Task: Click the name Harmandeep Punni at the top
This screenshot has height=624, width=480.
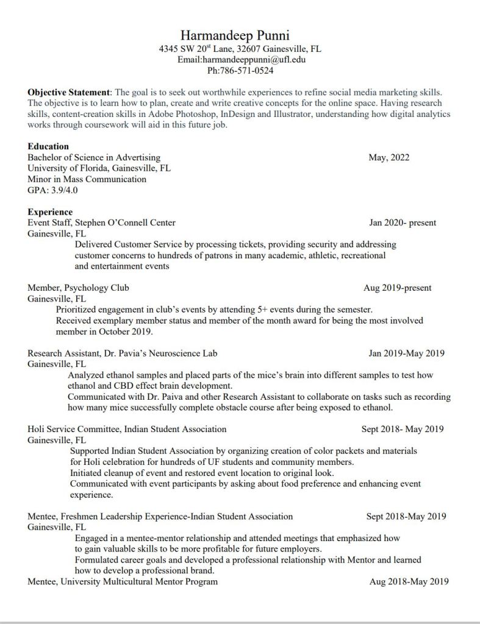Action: click(240, 36)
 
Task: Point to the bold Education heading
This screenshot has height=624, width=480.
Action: click(48, 146)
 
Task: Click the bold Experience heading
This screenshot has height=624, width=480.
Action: click(50, 212)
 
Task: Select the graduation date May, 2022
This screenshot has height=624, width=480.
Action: click(389, 158)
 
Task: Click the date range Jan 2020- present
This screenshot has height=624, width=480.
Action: click(403, 223)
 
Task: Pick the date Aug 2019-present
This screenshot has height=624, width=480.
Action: click(398, 288)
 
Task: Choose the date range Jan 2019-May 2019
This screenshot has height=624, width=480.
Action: click(406, 353)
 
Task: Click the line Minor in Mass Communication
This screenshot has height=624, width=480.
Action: click(87, 179)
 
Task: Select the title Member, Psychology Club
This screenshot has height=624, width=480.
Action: click(78, 288)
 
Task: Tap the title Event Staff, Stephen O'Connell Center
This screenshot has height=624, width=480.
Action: click(101, 223)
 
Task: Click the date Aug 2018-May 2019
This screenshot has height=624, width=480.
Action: click(409, 582)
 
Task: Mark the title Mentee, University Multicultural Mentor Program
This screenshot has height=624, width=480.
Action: click(123, 582)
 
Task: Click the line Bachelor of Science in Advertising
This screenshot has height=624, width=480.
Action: click(94, 158)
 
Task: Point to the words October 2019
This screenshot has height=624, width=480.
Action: click(125, 331)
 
